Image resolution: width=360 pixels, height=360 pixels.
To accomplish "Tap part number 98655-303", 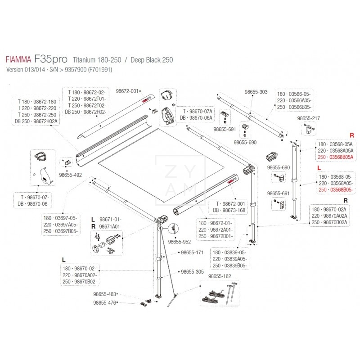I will [x=256, y=92].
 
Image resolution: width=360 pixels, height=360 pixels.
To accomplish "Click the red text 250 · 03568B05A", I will [x=336, y=157].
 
